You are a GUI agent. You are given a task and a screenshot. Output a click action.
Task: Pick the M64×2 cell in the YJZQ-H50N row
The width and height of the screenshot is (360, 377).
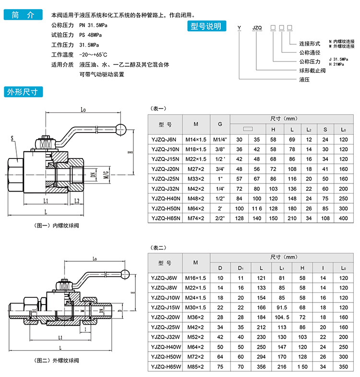(195, 209)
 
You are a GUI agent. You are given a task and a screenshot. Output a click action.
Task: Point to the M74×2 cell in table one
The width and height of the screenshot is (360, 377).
(195, 219)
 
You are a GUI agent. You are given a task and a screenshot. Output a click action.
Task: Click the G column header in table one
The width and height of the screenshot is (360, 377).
(219, 124)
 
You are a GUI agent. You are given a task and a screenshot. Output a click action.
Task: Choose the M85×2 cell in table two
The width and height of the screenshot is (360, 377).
(195, 366)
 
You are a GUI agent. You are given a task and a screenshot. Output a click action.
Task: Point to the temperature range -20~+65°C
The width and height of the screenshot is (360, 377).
(93, 54)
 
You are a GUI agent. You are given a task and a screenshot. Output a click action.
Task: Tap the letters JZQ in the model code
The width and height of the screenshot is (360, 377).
(257, 28)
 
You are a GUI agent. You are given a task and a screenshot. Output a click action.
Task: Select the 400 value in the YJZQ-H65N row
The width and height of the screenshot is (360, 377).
(343, 219)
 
